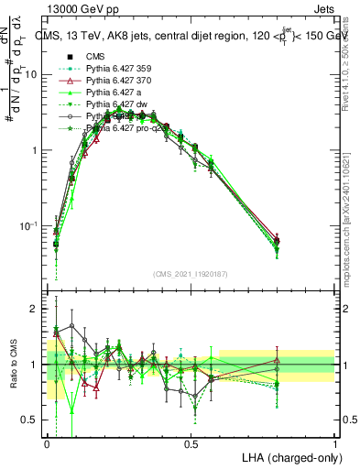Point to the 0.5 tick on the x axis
coord(191,443)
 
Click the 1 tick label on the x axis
coord(335,443)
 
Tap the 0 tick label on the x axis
coord(47,443)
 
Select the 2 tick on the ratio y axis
coord(38,309)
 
